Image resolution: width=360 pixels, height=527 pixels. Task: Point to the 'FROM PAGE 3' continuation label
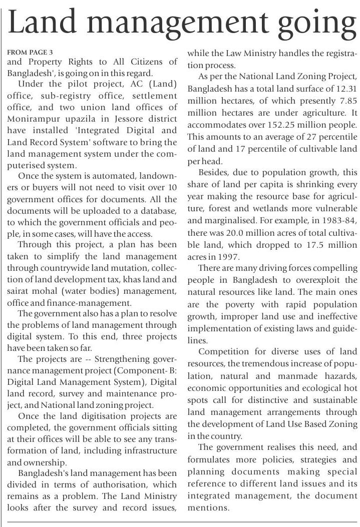pyautogui.click(x=30, y=52)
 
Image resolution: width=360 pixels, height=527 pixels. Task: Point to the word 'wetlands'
pyautogui.click(x=278, y=208)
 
